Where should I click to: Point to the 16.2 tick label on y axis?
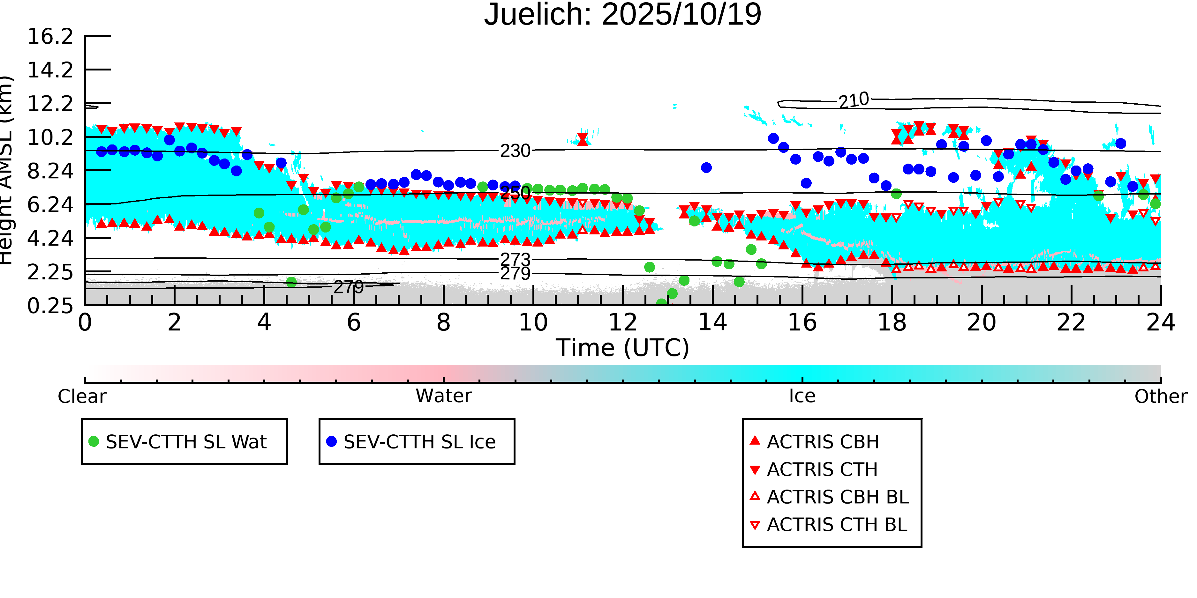tap(50, 37)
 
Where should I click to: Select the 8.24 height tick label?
tap(50, 171)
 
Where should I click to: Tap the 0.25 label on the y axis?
tap(50, 306)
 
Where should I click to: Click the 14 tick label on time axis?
tap(712, 322)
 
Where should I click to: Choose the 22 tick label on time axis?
tap(1071, 322)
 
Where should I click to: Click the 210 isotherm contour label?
tap(853, 100)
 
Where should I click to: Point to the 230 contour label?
tap(515, 151)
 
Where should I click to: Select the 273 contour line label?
tap(515, 259)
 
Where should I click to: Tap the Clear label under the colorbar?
tap(82, 396)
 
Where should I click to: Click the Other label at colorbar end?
tap(1160, 396)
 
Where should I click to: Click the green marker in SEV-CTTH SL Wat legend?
tap(94, 441)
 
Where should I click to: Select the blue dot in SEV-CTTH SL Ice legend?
tap(331, 441)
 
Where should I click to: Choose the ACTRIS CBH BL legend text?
tap(837, 497)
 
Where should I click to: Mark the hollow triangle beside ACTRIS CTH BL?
tap(755, 525)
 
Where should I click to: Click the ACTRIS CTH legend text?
tap(822, 469)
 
